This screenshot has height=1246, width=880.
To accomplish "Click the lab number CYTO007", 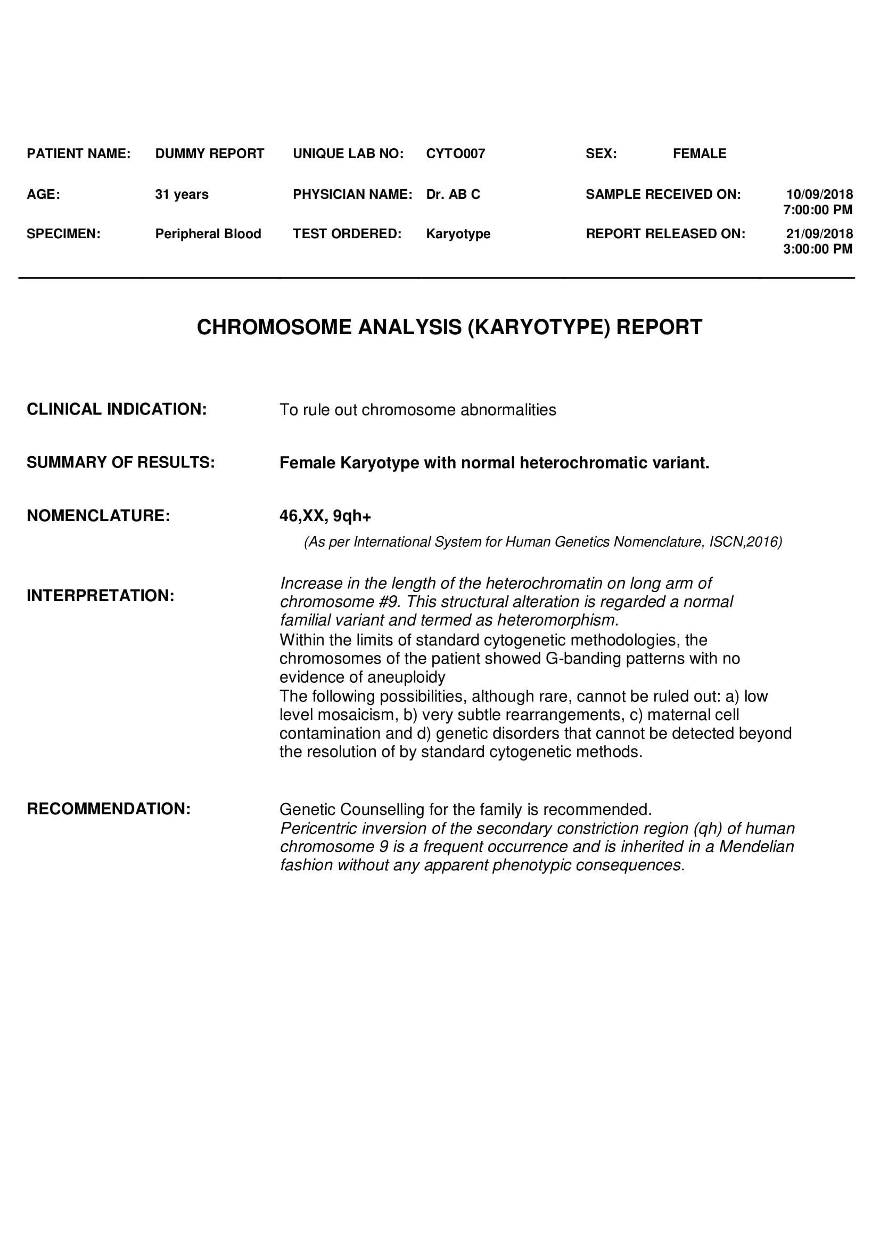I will pyautogui.click(x=456, y=153).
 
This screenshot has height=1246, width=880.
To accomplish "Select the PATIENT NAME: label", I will pyautogui.click(x=79, y=153).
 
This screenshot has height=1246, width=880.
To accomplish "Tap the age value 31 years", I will pyautogui.click(x=182, y=195).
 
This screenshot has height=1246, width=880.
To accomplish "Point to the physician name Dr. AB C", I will pyautogui.click(x=453, y=195).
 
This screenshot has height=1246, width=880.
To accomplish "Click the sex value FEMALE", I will pyautogui.click(x=700, y=153).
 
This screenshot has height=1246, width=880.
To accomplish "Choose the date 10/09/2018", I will pyautogui.click(x=819, y=195).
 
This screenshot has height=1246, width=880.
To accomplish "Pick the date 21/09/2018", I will pyautogui.click(x=819, y=234).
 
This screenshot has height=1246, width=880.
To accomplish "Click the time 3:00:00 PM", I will pyautogui.click(x=818, y=249).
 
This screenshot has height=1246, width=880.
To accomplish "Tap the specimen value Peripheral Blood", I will pyautogui.click(x=208, y=234).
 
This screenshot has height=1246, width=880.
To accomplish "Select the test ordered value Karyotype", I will pyautogui.click(x=458, y=234).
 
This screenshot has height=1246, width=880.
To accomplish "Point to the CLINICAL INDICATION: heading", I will pyautogui.click(x=117, y=409).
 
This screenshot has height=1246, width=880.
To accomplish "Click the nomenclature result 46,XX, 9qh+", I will pyautogui.click(x=325, y=516).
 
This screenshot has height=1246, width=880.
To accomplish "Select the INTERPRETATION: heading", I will pyautogui.click(x=100, y=596).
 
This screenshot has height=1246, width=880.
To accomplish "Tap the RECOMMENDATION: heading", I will pyautogui.click(x=109, y=809).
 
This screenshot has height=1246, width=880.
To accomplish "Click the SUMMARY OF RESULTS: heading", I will pyautogui.click(x=120, y=463).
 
